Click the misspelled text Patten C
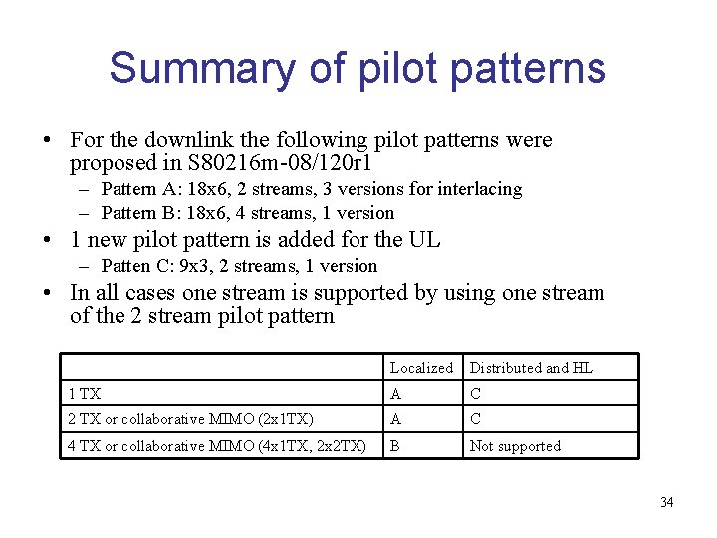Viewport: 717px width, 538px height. pyautogui.click(x=133, y=266)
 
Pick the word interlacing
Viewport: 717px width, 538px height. pyautogui.click(x=479, y=189)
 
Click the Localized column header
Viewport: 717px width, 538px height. pyautogui.click(x=421, y=368)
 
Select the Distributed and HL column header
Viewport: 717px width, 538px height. pyautogui.click(x=531, y=368)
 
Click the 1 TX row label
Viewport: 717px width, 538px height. pyautogui.click(x=85, y=394)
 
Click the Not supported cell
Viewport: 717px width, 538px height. pyautogui.click(x=515, y=446)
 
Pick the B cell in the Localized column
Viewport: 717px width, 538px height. pyautogui.click(x=395, y=446)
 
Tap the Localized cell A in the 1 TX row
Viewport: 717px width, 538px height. pyautogui.click(x=395, y=394)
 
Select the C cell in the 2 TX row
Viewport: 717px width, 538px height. pyautogui.click(x=475, y=419)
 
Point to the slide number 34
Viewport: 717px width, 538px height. pyautogui.click(x=666, y=502)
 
